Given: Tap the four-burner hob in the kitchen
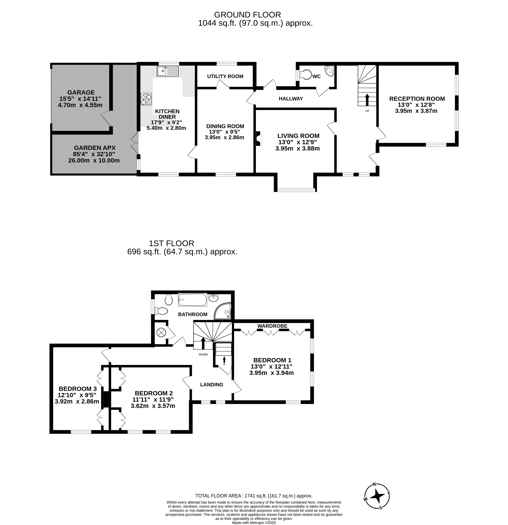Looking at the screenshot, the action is point(146,99).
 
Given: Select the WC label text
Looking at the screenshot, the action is point(317,76).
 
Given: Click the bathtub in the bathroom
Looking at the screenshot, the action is point(192,300).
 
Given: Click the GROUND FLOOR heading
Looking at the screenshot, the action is point(248,15).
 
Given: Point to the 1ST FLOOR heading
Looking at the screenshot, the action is point(171,243).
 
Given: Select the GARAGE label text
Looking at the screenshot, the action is point(81,92).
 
